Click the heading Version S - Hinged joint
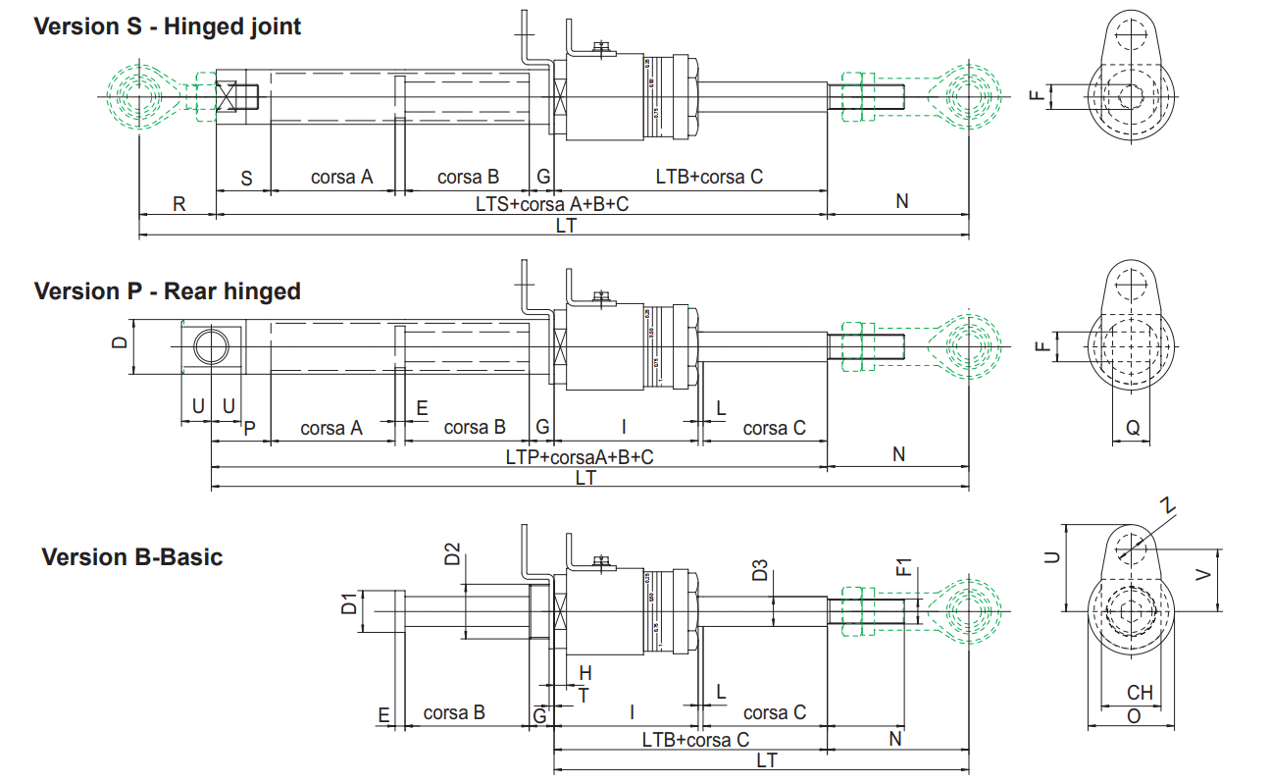[x=168, y=26]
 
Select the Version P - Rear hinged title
[x=167, y=291]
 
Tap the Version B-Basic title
[x=132, y=557]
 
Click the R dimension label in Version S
[x=178, y=203]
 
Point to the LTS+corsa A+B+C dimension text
[x=551, y=203]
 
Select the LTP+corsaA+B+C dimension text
[x=580, y=456]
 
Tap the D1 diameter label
[x=349, y=603]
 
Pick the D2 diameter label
[x=452, y=554]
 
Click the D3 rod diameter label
[x=760, y=570]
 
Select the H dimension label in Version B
[x=585, y=673]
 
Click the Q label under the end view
[x=1133, y=428]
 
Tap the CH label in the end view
[x=1139, y=694]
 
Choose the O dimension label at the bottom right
[x=1134, y=716]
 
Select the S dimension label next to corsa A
[x=246, y=178]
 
